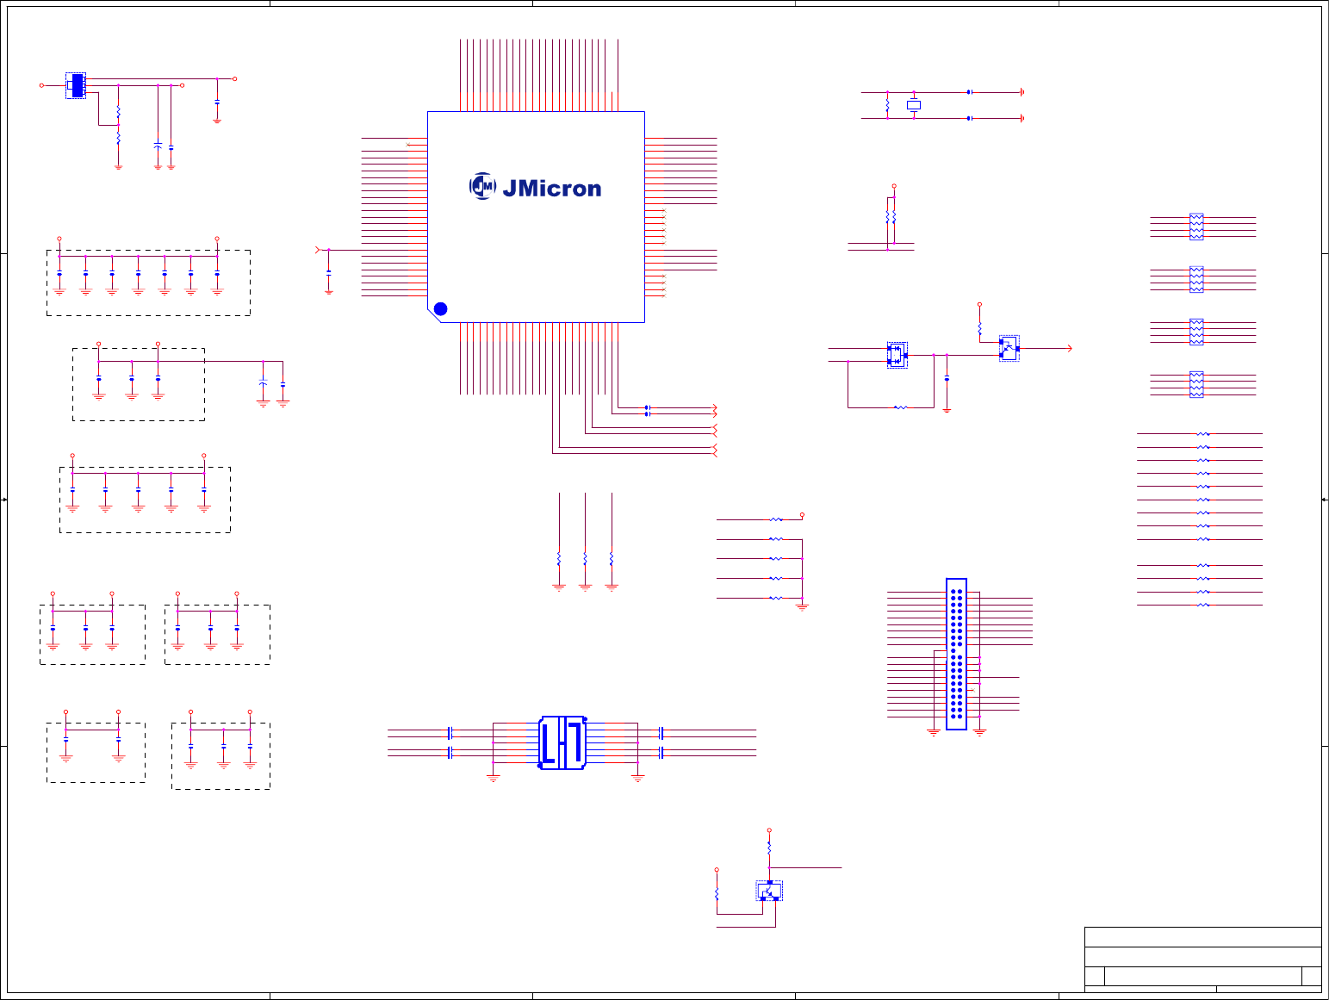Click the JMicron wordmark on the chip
coord(551,189)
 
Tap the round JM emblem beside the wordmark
coord(482,186)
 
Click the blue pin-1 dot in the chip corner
coord(440,308)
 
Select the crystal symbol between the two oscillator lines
coord(914,105)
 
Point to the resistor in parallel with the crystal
coord(887,105)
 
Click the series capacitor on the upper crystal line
coord(970,92)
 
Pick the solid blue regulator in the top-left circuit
coord(77,85)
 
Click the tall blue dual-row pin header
coord(956,654)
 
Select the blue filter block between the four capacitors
coord(562,742)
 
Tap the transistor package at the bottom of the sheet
coord(769,891)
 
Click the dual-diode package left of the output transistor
coord(897,354)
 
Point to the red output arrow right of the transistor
coord(1069,348)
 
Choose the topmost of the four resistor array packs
coord(1196,227)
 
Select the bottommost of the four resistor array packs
coord(1196,385)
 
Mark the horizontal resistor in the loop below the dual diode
coord(900,407)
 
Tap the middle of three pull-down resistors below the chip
coord(585,558)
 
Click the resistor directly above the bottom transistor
coord(769,848)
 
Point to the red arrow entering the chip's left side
coord(319,250)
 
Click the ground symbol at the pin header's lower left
coord(933,732)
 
